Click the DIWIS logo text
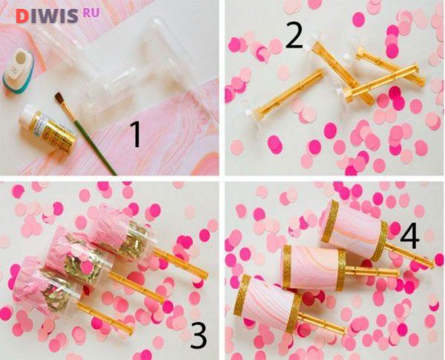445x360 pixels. tap(47, 16)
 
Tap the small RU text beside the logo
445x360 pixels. tap(91, 13)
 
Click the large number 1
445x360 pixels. tap(136, 134)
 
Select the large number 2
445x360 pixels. tap(294, 35)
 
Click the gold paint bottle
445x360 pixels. tap(47, 128)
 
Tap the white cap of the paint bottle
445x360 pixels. tap(27, 113)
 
